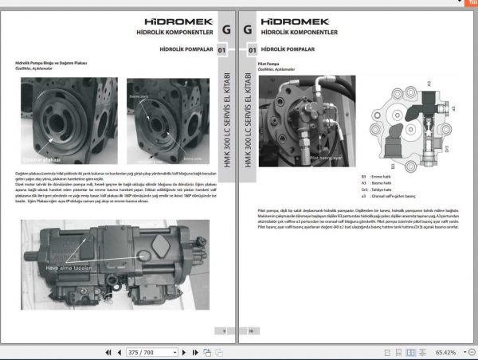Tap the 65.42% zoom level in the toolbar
[447, 351]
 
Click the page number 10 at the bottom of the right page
[250, 330]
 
